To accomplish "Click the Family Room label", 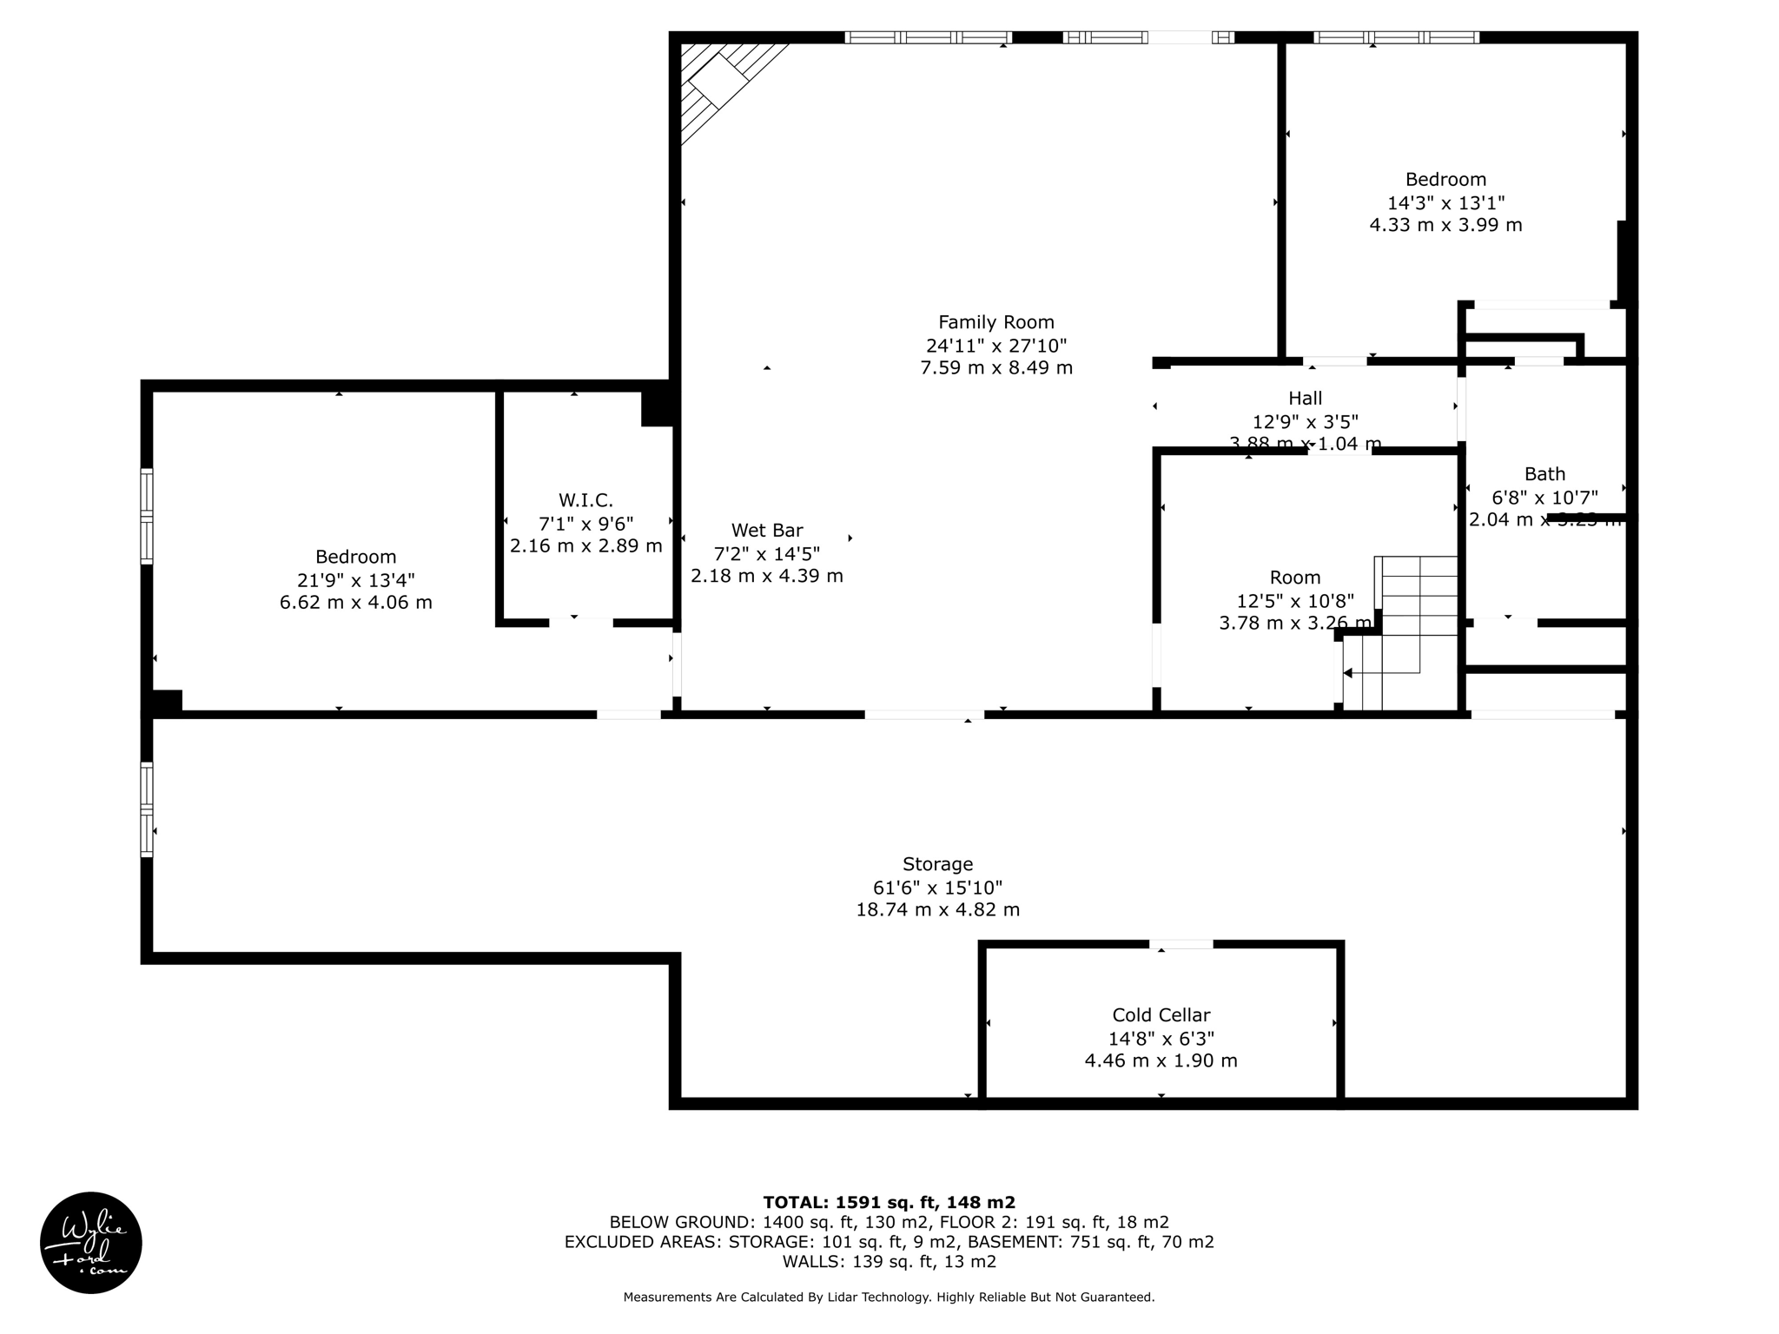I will tap(995, 322).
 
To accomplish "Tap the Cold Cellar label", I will tap(1161, 1015).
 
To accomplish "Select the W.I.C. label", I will tap(585, 500).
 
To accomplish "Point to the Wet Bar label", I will tap(766, 530).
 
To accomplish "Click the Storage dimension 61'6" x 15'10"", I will tap(937, 888).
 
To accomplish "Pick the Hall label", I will tap(1305, 399).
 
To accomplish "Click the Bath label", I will tap(1544, 474).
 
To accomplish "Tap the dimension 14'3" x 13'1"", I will tap(1445, 202).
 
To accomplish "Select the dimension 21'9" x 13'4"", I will tap(355, 579).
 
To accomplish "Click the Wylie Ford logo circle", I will tap(91, 1243).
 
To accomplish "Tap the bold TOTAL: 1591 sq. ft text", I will tap(889, 1202).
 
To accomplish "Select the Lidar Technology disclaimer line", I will tap(889, 1298).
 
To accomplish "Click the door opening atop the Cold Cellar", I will tap(1180, 944).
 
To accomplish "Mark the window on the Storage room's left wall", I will tap(147, 809).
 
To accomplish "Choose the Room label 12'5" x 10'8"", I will tap(1294, 600).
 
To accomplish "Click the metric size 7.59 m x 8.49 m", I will tap(995, 367).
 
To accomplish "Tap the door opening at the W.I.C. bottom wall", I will tap(580, 623).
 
